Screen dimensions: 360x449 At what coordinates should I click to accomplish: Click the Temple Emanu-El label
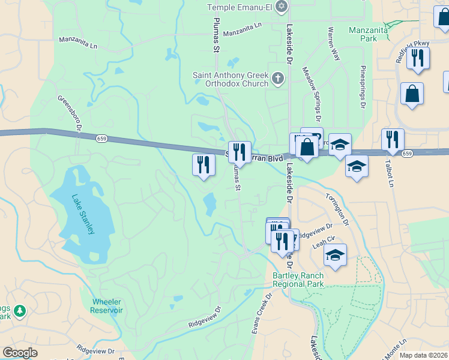click(240, 7)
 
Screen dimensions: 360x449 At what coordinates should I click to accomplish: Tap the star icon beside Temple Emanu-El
click(282, 7)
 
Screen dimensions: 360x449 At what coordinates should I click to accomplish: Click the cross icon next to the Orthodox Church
click(277, 78)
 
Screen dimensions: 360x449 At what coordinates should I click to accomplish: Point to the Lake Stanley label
click(83, 214)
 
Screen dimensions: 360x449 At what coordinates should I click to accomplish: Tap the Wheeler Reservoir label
click(107, 306)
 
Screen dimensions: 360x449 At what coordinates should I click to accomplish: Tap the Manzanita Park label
click(364, 33)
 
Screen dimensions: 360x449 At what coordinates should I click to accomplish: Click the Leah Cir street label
click(322, 245)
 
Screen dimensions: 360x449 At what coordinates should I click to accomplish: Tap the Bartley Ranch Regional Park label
click(298, 280)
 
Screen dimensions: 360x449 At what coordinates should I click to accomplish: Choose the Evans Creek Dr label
click(262, 312)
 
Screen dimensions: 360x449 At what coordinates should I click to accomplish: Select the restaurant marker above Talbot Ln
click(393, 139)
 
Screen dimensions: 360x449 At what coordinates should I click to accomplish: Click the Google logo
click(20, 353)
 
